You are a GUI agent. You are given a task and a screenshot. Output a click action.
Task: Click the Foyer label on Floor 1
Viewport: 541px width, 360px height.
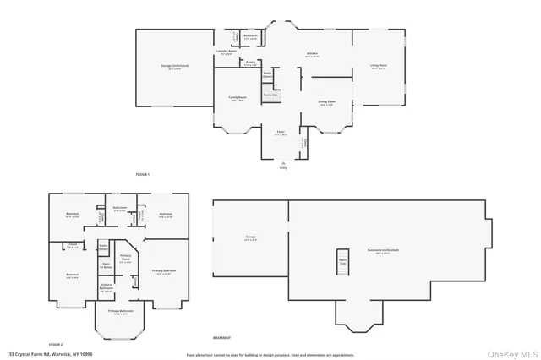tap(280, 133)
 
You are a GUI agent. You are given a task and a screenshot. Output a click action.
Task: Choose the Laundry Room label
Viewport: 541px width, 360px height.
tap(226, 52)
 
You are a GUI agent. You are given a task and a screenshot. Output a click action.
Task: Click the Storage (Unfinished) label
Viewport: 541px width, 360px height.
tap(175, 66)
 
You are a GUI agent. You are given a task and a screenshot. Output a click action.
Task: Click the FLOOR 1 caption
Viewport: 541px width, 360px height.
tap(143, 174)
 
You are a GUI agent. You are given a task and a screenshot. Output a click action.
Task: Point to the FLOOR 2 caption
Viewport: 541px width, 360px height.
tap(56, 345)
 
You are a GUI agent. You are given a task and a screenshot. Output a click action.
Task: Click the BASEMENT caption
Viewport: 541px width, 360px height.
tap(221, 337)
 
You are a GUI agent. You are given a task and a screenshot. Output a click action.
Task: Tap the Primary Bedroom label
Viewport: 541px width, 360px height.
tap(162, 271)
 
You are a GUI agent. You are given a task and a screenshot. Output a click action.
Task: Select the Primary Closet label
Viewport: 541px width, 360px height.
tap(125, 259)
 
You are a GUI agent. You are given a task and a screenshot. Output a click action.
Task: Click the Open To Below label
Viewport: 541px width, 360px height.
tap(107, 266)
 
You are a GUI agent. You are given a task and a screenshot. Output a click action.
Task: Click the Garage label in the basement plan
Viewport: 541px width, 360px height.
tap(250, 238)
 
